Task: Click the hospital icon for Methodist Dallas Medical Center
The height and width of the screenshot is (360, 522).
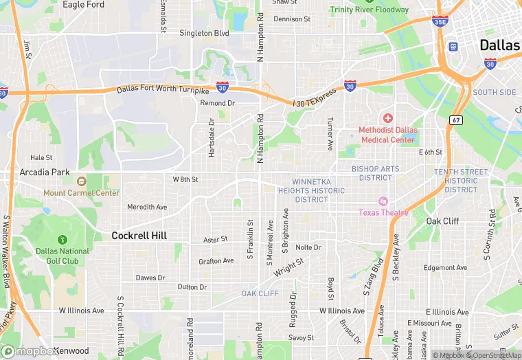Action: [x=387, y=119]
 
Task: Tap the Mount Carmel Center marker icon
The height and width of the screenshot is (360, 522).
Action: [x=81, y=182]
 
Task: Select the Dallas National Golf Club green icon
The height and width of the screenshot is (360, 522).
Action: [x=63, y=240]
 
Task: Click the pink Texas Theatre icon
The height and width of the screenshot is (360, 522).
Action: [x=383, y=201]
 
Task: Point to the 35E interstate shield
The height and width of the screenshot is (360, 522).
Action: [x=441, y=22]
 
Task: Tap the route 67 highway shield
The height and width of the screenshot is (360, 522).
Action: [x=456, y=120]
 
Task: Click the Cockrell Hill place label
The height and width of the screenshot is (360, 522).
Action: [x=139, y=236]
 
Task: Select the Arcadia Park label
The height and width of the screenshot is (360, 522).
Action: [x=45, y=172]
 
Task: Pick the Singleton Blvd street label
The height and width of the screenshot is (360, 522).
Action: [x=204, y=32]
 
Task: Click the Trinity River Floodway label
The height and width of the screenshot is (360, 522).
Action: [x=369, y=10]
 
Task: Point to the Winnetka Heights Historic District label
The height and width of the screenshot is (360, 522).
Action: [x=311, y=190]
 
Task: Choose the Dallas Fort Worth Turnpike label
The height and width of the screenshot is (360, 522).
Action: [x=163, y=90]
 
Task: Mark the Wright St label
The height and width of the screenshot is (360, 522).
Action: [x=288, y=267]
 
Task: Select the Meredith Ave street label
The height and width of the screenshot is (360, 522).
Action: [x=147, y=207]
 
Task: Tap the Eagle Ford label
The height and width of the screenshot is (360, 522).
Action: [x=83, y=5]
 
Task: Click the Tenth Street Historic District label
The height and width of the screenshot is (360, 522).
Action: [x=461, y=181]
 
